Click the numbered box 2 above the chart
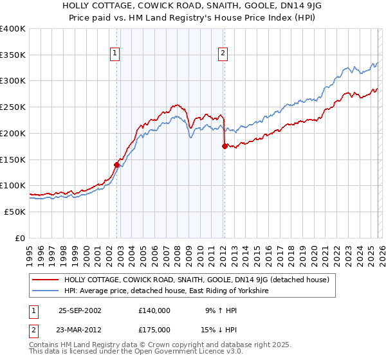pos(223,54)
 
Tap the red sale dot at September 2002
pos(117,165)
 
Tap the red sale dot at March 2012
pos(225,146)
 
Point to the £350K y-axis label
pos(13,55)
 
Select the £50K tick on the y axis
pos(15,212)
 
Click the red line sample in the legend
pos(45,280)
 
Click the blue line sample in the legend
pos(45,291)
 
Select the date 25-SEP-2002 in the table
pos(80,310)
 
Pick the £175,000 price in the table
pos(154,329)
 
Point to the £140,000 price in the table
pos(154,310)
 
